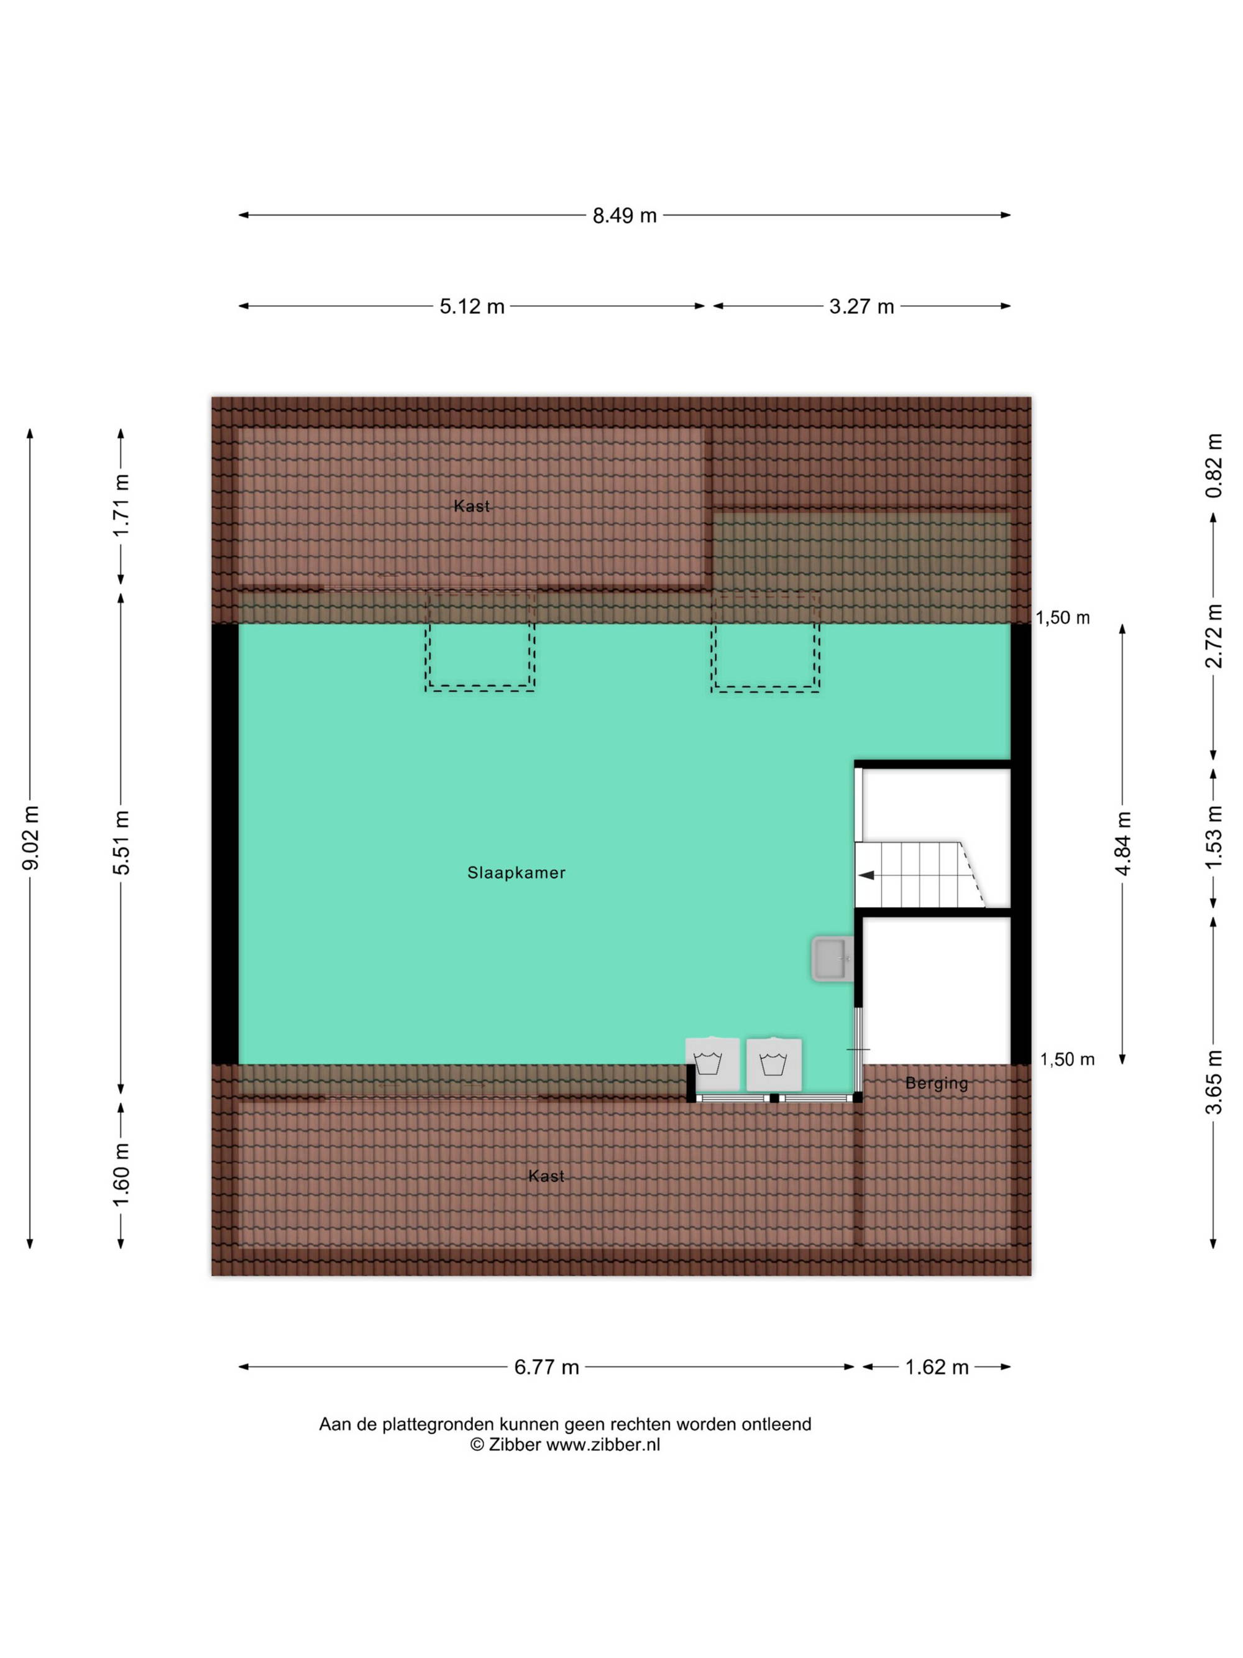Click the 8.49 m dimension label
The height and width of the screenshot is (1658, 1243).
tap(624, 216)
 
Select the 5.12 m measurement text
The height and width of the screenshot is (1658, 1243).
tap(471, 306)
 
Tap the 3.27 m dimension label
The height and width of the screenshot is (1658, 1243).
tap(861, 306)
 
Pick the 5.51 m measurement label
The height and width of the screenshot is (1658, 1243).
tap(121, 842)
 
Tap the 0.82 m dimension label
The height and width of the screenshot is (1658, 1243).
tap(1214, 466)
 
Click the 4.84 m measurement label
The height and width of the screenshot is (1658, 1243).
tap(1123, 842)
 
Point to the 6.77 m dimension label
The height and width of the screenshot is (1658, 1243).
tap(546, 1367)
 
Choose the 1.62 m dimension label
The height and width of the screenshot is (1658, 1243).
tap(937, 1367)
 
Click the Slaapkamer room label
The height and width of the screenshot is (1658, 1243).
tap(516, 872)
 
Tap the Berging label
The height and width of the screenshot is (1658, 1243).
tap(937, 1083)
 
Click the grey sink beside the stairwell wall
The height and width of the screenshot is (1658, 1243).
tap(832, 958)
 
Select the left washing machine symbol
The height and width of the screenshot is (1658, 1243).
tap(712, 1064)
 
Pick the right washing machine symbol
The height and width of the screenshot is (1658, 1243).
tap(774, 1064)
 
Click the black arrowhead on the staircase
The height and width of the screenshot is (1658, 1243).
tap(866, 875)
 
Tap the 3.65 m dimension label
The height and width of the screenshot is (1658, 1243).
tap(1214, 1082)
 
